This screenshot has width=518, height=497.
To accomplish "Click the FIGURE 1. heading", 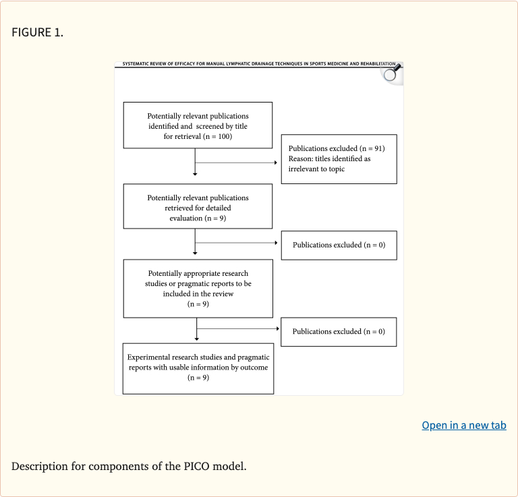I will coord(37,32).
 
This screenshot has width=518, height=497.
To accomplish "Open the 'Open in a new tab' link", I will coord(463,425).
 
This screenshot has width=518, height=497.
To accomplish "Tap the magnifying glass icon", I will coord(391,73).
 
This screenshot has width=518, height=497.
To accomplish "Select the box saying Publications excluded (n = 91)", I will coord(339,158).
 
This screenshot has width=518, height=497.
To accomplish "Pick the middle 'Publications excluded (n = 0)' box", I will coord(339,245).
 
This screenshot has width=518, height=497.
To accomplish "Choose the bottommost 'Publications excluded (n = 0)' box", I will coord(339,331).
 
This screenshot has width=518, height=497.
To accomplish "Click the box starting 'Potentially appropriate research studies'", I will coord(198,288).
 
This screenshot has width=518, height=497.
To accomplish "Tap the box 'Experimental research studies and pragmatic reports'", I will coord(199,368).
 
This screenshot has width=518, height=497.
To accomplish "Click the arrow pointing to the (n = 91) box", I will coord(275,163).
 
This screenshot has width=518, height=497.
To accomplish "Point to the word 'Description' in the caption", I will coord(39,466).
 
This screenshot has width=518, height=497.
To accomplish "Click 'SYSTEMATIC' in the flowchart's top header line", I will coord(138,63).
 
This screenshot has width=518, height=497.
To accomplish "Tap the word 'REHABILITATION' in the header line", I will coord(378,63).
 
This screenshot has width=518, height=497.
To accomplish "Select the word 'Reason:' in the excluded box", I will coord(301,158).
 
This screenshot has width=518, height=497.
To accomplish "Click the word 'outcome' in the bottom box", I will coord(254,368).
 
